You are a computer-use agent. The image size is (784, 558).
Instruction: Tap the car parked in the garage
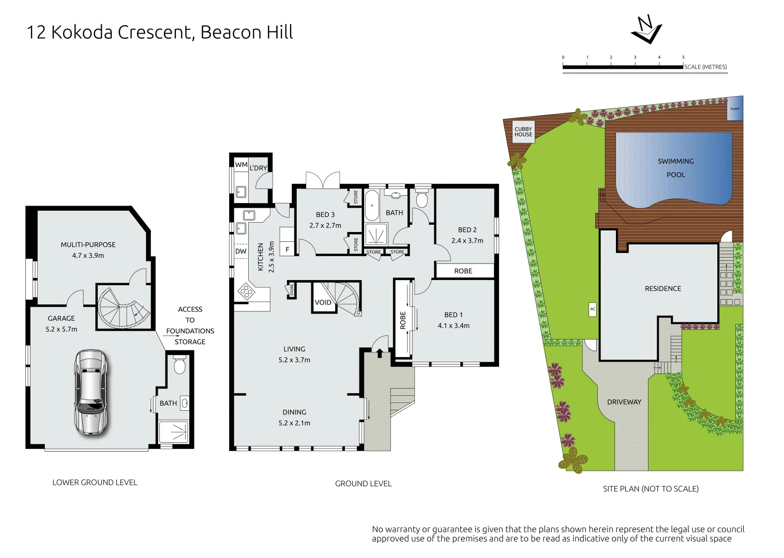[x=91, y=392]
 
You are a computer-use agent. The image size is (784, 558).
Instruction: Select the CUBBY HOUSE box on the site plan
[x=523, y=132]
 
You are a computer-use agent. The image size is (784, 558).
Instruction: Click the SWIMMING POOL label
[x=675, y=168]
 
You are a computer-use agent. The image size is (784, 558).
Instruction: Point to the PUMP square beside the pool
[x=735, y=109]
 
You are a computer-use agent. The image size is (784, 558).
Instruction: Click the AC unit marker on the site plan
[x=593, y=309]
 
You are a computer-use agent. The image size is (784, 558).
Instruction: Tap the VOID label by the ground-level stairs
[x=323, y=302]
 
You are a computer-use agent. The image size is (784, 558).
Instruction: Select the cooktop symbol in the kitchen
[x=246, y=291]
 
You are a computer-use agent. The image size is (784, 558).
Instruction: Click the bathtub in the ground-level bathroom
[x=371, y=206]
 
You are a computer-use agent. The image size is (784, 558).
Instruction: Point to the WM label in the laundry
[x=241, y=165]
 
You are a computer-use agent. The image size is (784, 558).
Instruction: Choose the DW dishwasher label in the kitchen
[x=241, y=251]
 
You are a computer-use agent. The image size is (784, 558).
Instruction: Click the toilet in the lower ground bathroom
[x=179, y=365]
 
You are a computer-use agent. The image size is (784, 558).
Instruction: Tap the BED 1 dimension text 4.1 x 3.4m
[x=453, y=326]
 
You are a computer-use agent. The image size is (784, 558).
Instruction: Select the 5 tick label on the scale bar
[x=683, y=57]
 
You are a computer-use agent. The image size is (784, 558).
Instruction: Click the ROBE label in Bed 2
[x=463, y=271]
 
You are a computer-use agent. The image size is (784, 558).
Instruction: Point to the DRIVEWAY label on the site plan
[x=624, y=402]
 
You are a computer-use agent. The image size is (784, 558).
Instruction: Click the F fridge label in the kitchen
[x=288, y=250]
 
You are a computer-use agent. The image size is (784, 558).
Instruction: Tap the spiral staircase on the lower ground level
[x=124, y=307]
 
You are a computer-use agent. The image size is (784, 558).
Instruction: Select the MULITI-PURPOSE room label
[x=88, y=245]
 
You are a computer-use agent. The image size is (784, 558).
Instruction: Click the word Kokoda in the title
[x=82, y=32]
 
